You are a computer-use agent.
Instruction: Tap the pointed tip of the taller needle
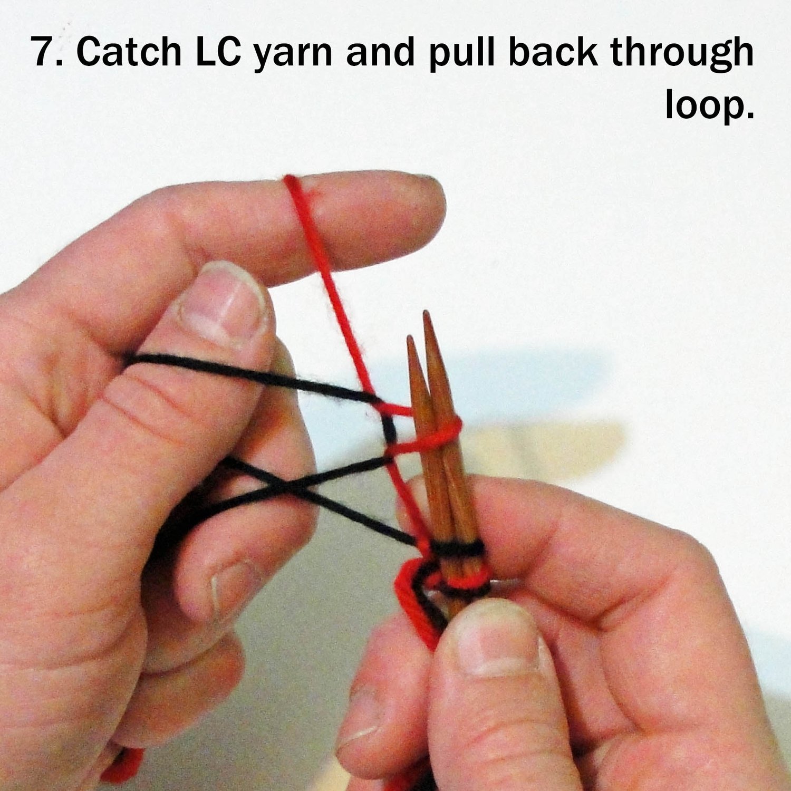(x=425, y=312)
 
